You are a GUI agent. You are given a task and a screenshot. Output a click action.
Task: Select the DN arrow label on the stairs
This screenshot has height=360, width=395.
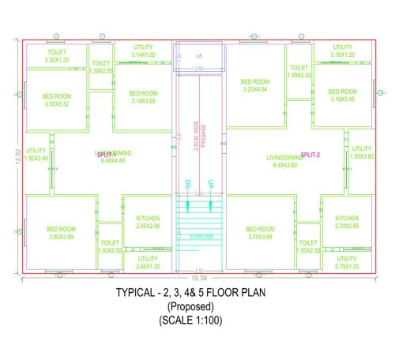[x=188, y=184]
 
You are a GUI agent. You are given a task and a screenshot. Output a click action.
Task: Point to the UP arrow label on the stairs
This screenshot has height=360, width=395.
[x=210, y=184]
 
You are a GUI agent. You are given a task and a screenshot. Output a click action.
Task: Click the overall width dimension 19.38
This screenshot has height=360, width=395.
[x=199, y=279]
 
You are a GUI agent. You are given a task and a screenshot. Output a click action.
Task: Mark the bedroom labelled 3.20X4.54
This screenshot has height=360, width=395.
[x=255, y=85]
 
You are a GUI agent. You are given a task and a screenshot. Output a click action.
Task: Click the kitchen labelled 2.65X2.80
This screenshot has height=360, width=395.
[x=148, y=222]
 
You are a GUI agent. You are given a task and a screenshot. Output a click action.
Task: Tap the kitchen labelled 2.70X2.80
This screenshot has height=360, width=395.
[x=346, y=222]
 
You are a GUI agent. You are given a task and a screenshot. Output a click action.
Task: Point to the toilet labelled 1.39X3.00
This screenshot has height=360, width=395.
[x=299, y=72]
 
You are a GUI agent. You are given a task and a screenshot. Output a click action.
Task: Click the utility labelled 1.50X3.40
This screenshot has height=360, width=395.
[x=36, y=154]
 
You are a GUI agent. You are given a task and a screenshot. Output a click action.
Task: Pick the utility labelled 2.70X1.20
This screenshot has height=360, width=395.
[x=346, y=262]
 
